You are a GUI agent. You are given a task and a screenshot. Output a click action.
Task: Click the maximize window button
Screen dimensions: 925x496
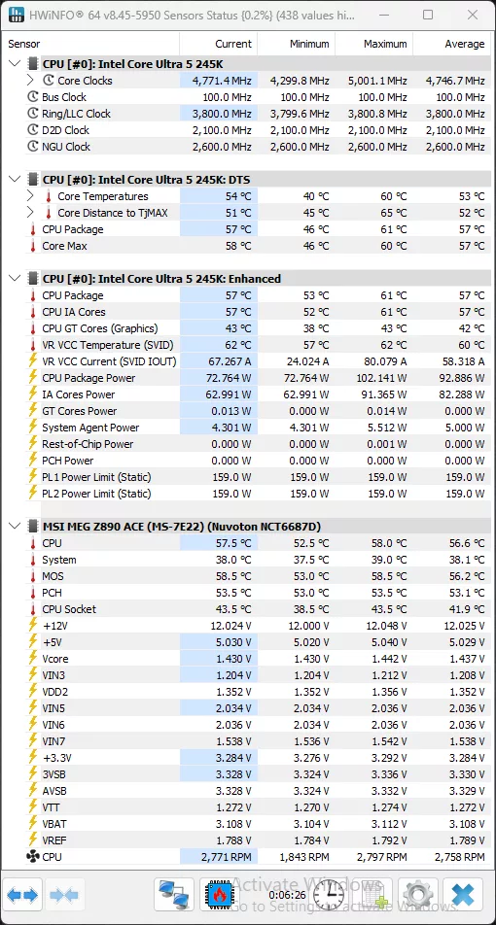428,16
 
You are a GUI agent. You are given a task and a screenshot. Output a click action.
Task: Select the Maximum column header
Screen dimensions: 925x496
385,44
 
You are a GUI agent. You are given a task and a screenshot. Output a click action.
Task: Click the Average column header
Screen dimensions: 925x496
464,44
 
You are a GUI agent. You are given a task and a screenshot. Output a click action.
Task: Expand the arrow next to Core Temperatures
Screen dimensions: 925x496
31,196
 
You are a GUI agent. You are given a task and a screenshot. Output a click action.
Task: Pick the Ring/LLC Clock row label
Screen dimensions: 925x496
76,114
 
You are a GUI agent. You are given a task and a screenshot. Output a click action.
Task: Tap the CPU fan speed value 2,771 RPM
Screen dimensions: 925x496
226,857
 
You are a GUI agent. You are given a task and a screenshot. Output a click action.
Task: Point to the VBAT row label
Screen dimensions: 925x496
55,824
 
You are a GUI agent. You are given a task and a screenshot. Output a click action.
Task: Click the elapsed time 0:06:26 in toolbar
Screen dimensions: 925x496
287,894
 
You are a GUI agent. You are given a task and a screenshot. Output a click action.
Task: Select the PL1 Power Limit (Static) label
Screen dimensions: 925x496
96,477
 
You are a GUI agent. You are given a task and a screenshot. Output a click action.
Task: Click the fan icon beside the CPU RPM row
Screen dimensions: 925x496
33,857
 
